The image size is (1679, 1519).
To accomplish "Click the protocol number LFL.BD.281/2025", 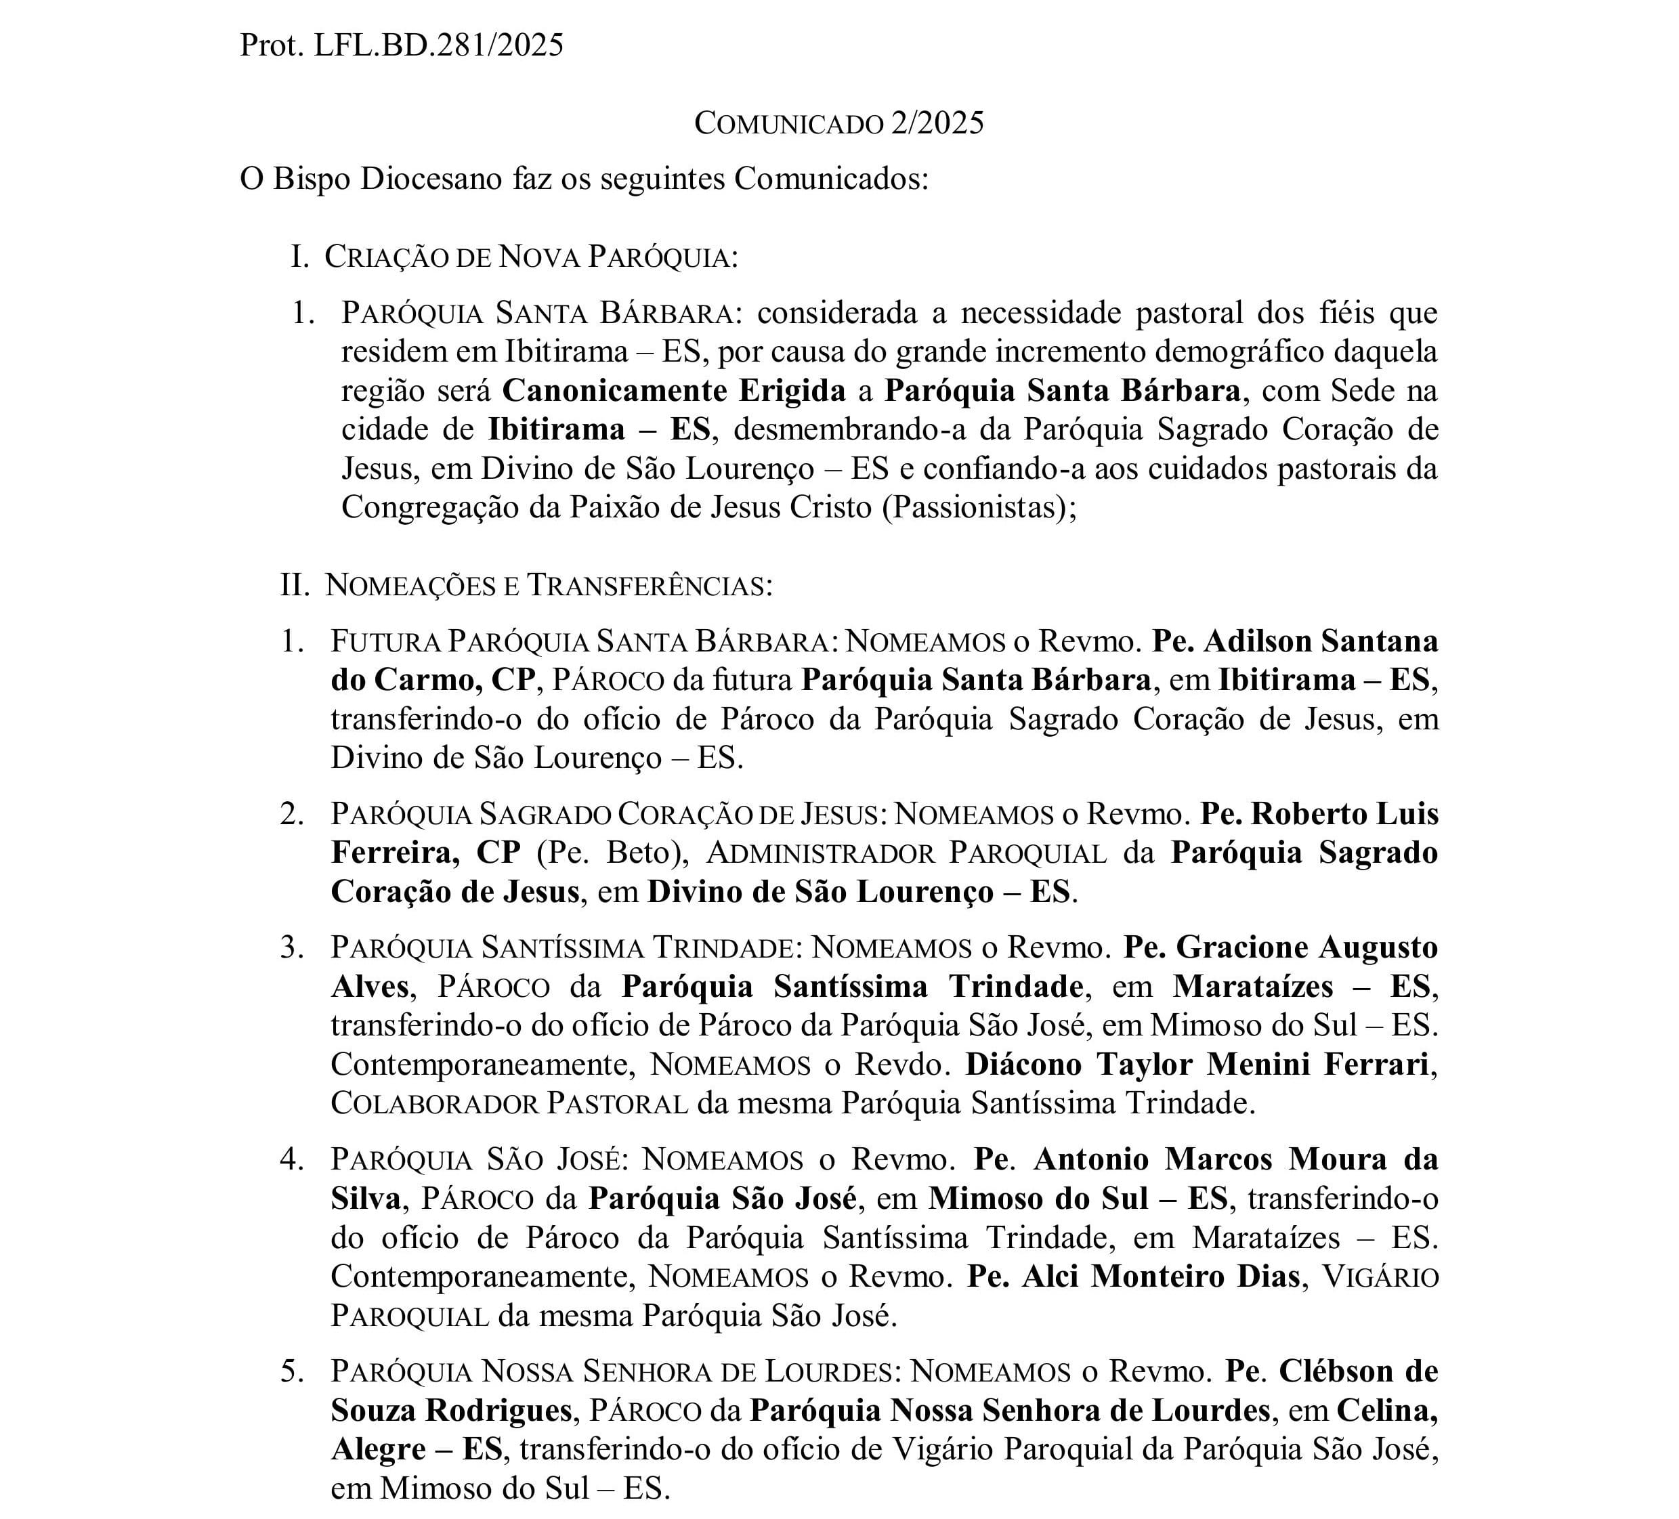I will (x=438, y=45).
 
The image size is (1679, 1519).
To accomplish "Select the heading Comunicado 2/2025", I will (x=838, y=123).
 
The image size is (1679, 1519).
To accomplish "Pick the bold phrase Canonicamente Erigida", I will (x=674, y=391).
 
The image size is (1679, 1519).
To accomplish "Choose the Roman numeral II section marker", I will (x=294, y=585).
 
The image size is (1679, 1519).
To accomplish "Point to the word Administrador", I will (x=820, y=853).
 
